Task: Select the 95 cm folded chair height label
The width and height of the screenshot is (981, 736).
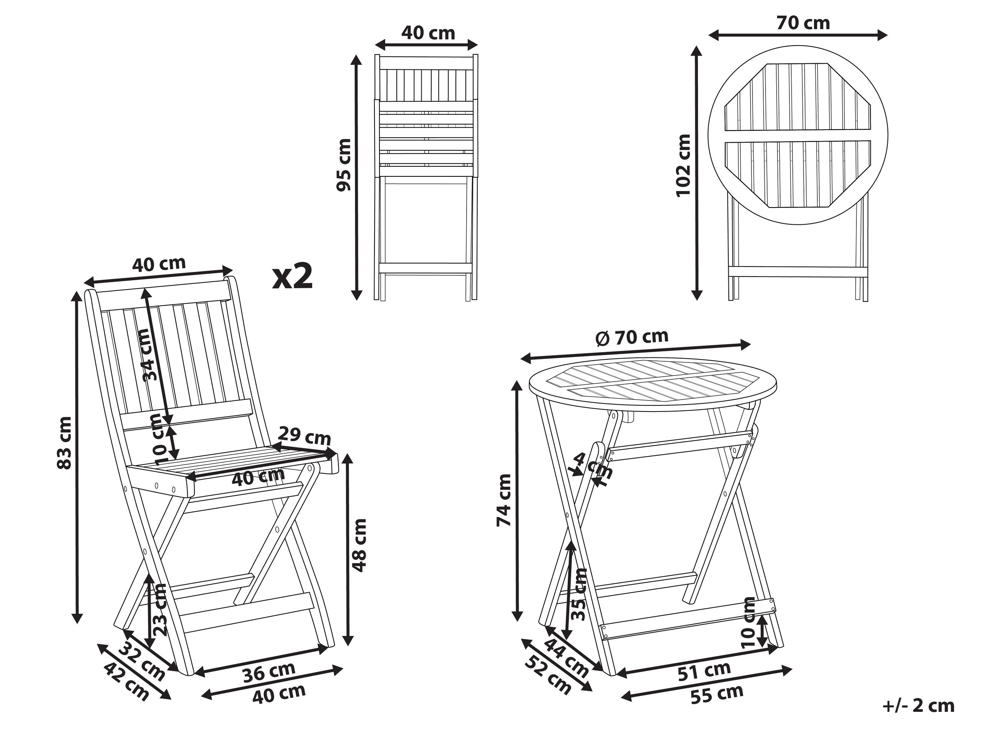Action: click(344, 165)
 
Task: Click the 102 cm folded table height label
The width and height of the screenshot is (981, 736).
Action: click(683, 165)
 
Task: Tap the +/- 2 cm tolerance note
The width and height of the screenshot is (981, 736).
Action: click(919, 705)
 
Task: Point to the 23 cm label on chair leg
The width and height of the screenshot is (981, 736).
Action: click(159, 610)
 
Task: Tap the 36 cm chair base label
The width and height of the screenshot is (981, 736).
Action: click(269, 671)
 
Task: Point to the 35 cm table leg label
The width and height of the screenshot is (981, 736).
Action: click(579, 594)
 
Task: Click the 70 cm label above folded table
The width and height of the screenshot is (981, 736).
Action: click(803, 23)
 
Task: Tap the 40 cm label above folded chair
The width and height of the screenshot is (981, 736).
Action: click(428, 33)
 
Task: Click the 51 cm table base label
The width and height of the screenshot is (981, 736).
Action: click(704, 671)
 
